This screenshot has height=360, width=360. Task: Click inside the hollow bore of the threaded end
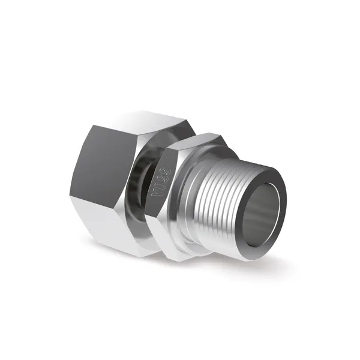click(262, 209)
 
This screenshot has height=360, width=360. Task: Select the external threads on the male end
click(214, 202)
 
